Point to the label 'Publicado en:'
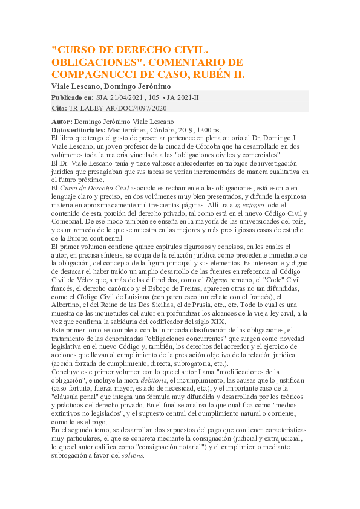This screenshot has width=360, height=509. (x=73, y=97)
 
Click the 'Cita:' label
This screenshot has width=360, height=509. (x=60, y=108)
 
